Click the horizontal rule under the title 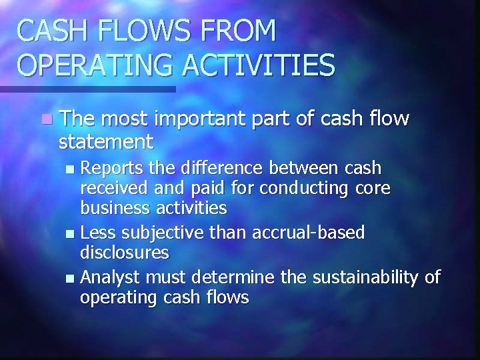tap(87, 89)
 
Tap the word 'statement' tap(106, 141)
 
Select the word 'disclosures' tap(124, 253)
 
